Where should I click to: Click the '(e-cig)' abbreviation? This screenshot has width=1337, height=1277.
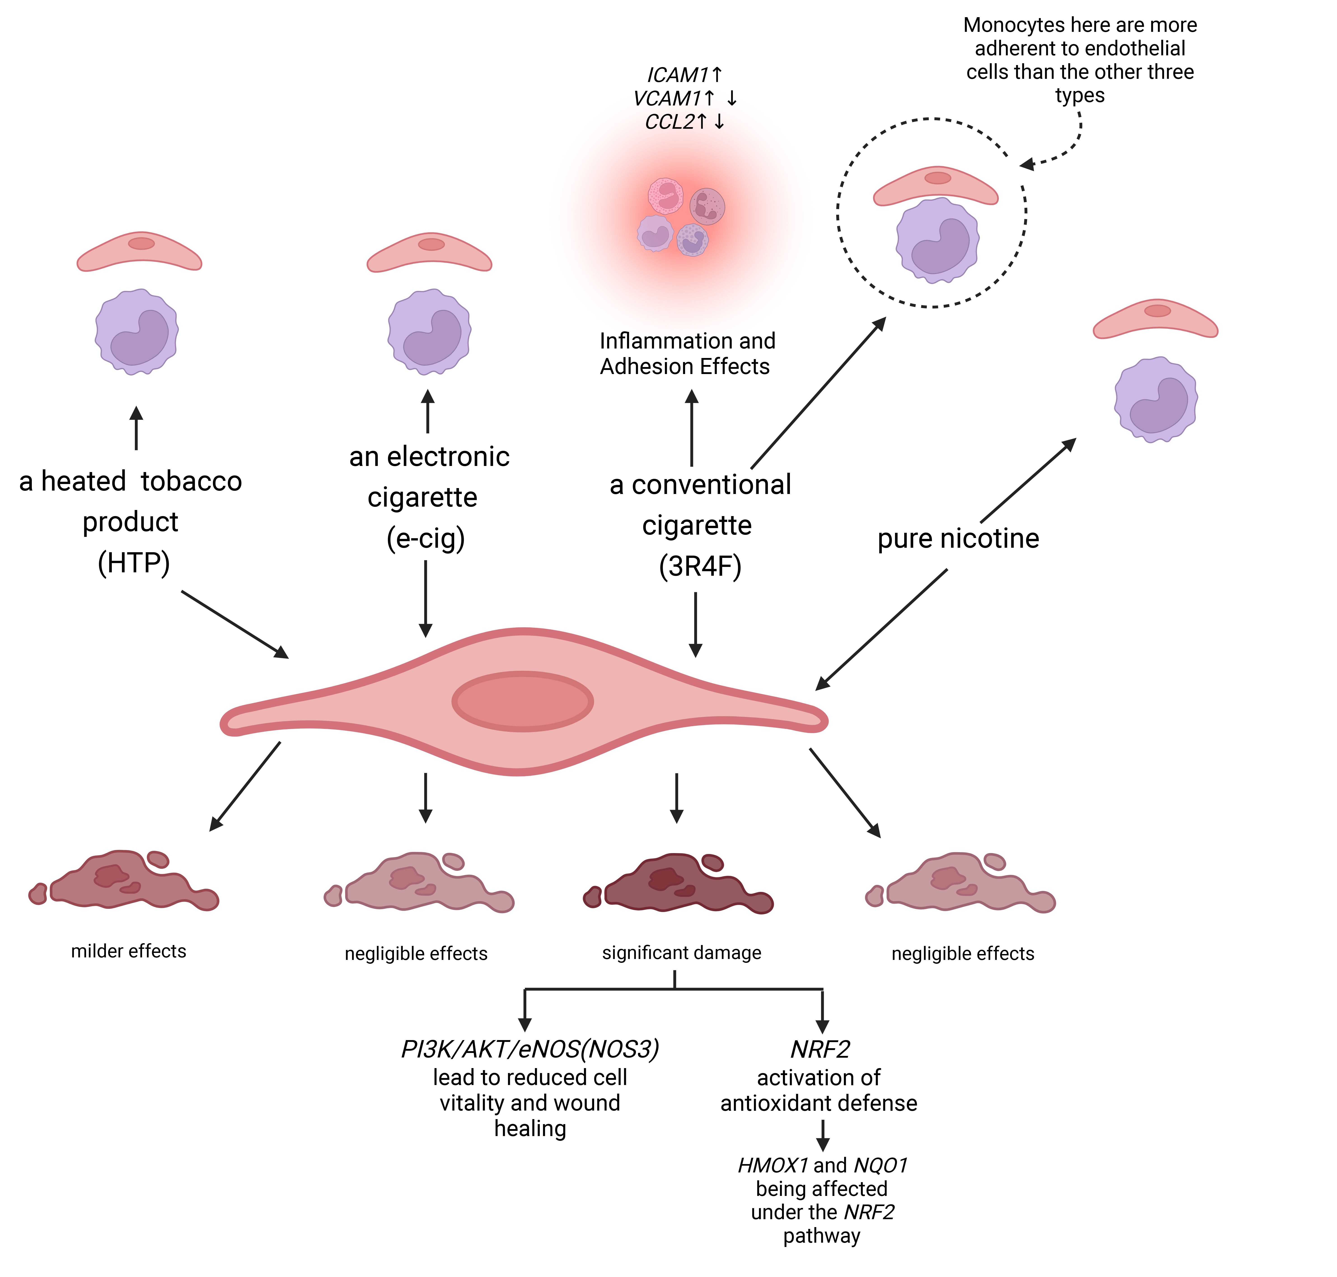(x=426, y=538)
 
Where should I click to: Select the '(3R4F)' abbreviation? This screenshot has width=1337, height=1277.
(x=700, y=566)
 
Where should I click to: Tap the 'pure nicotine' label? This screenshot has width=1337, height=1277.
(x=958, y=538)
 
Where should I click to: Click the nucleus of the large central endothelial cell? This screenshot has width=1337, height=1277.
(x=523, y=701)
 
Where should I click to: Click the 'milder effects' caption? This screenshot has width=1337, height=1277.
(x=129, y=951)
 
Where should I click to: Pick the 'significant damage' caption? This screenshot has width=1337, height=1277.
(x=681, y=952)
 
